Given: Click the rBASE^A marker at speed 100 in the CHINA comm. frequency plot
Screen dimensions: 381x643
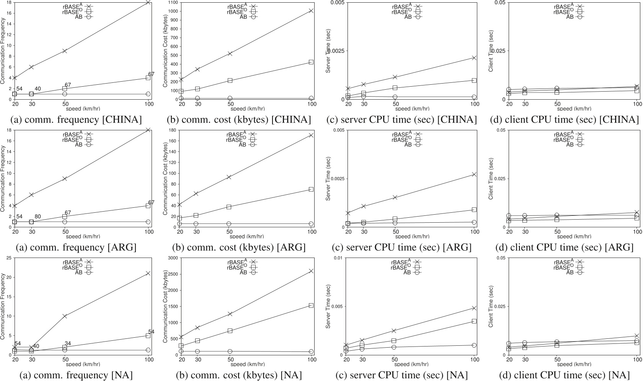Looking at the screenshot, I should (x=148, y=2).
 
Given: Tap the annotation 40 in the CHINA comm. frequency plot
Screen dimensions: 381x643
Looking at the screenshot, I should (x=38, y=89).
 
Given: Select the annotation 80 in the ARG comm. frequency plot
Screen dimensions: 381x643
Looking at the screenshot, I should (x=38, y=217).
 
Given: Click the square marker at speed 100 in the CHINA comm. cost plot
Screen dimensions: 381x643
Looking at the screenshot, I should (x=311, y=62).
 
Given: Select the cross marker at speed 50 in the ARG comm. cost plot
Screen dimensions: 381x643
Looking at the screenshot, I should (x=229, y=177).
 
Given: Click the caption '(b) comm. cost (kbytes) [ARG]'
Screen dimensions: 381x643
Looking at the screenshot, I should (x=236, y=247).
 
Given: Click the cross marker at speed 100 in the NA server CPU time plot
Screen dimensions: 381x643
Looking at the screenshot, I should (x=474, y=308).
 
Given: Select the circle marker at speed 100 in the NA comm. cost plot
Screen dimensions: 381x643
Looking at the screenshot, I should (x=311, y=351).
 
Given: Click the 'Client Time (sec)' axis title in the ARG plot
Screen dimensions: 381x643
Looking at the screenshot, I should (x=491, y=179).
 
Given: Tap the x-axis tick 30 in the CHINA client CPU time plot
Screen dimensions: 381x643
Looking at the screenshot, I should (x=525, y=104).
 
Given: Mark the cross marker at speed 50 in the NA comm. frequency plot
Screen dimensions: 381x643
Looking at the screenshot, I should (x=65, y=316).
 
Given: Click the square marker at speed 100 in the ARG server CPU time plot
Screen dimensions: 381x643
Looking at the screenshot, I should (x=474, y=210).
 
